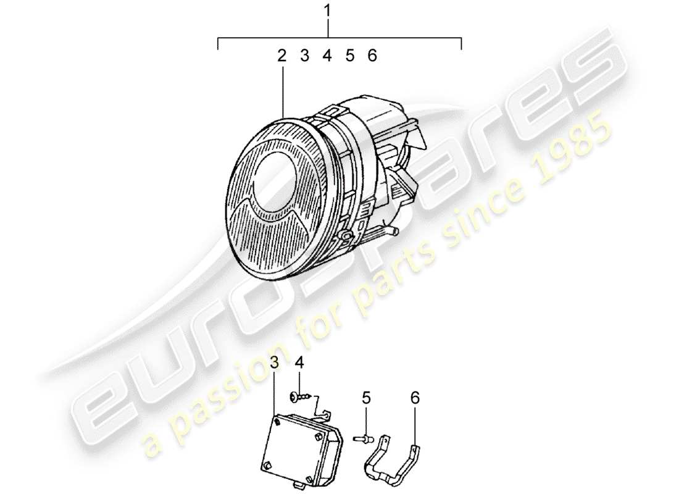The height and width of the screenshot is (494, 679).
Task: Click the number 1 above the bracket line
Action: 327,10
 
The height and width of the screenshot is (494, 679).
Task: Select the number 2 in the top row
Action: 281,56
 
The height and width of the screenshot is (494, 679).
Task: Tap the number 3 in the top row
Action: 304,56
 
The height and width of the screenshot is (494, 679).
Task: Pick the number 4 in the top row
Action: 327,56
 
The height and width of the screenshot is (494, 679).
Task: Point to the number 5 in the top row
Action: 349,56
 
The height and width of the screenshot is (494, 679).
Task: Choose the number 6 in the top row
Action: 372,56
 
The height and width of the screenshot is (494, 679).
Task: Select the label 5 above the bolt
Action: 366,400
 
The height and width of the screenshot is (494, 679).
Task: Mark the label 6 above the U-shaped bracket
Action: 415,400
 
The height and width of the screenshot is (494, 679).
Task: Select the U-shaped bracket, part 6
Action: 395,457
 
